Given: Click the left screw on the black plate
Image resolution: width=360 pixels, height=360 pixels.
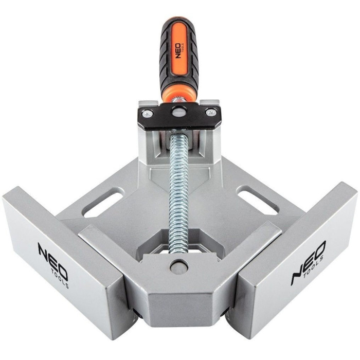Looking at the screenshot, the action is tap(148, 113).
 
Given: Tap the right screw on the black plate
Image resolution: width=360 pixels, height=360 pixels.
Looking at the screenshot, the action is tap(211, 113).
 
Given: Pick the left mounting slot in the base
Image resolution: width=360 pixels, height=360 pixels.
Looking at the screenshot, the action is tap(104, 202).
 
